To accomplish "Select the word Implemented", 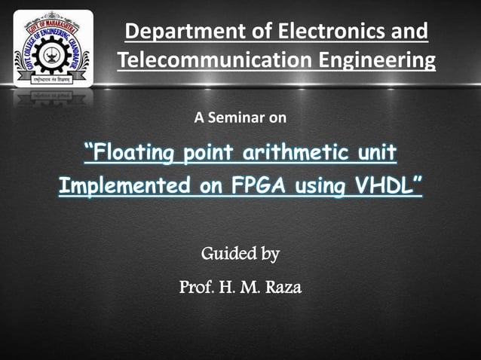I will pos(123,185).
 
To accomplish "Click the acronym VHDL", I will pos(384,185).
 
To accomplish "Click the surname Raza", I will pos(282,287).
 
